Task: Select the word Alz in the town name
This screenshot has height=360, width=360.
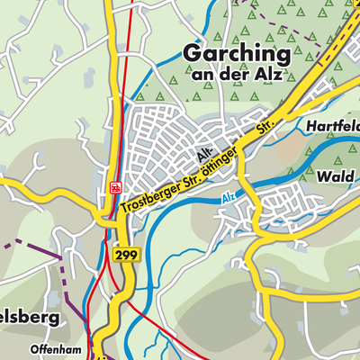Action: [x=268, y=75]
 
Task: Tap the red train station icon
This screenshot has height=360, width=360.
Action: [x=115, y=187]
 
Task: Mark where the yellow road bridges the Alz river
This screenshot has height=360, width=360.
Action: [x=254, y=184]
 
